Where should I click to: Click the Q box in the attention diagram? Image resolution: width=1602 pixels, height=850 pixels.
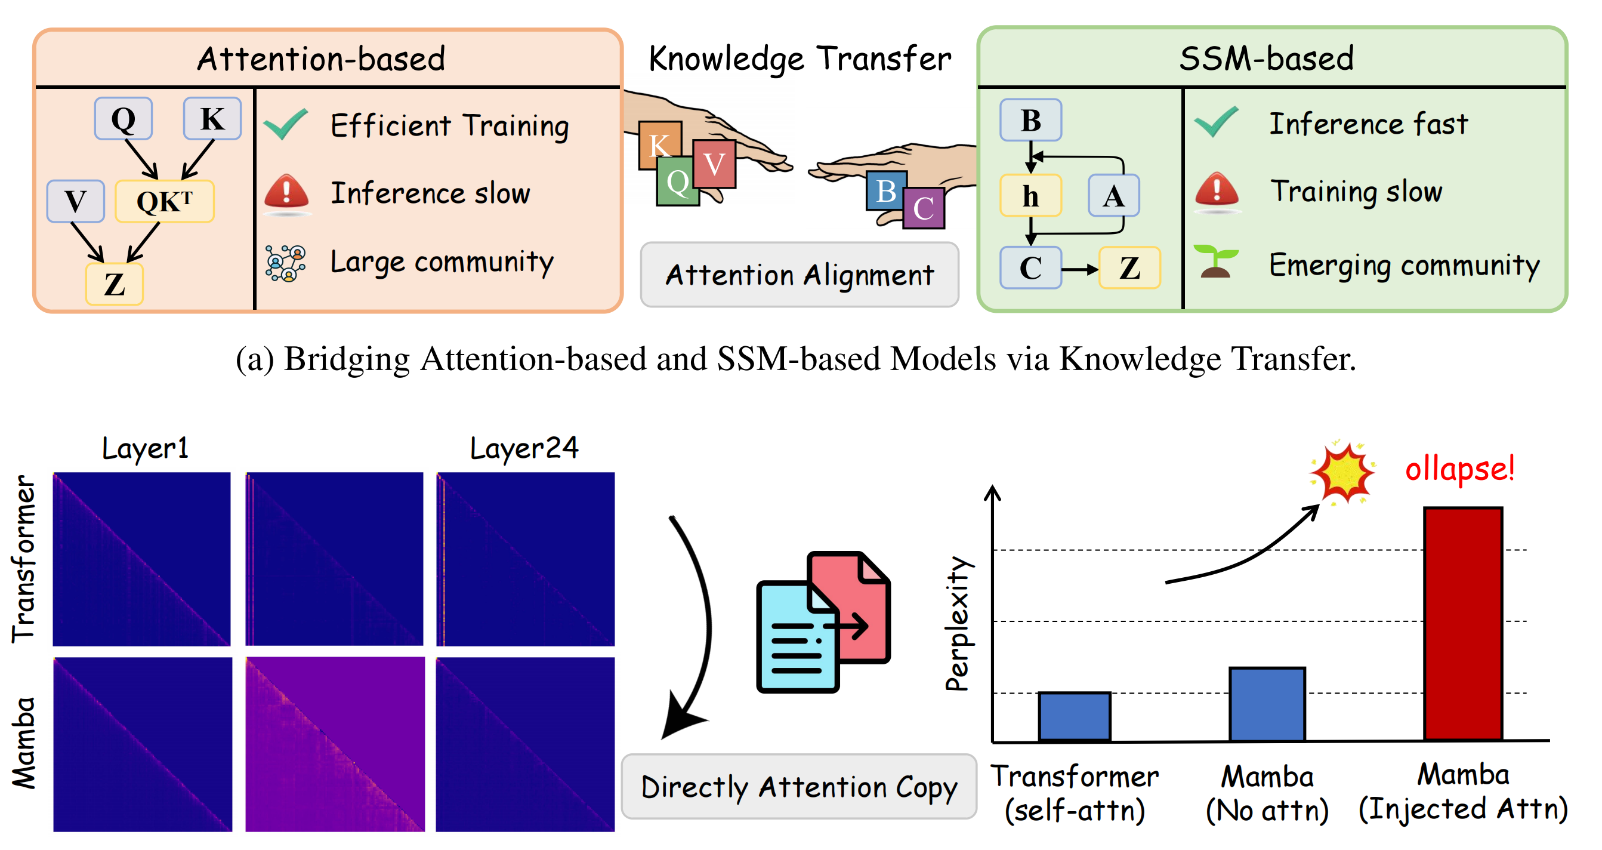pos(123,118)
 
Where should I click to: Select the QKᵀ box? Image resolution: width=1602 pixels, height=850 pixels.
pos(165,201)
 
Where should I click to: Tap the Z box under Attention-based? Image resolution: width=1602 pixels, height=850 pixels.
pos(115,284)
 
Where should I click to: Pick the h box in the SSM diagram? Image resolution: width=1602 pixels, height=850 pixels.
pos(1030,195)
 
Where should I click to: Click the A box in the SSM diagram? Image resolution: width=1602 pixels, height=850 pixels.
pos(1114,195)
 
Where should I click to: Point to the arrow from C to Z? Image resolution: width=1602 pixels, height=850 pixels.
pos(1079,269)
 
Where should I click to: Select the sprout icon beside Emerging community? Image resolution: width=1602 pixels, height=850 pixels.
pos(1216,261)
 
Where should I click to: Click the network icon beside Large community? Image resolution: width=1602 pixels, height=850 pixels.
pos(285,263)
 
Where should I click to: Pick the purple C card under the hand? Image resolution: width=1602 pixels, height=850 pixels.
pos(924,208)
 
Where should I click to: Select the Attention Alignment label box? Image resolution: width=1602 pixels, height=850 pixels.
pos(800,275)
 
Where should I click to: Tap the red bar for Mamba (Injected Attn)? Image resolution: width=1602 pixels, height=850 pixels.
pos(1463,624)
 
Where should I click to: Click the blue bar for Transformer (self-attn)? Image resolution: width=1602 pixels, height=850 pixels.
pos(1074,716)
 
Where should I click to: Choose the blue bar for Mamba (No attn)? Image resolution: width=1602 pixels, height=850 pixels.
pos(1267,704)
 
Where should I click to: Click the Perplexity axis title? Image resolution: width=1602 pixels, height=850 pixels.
pos(958,624)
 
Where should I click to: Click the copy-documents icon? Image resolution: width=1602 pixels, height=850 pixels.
pos(823,622)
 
